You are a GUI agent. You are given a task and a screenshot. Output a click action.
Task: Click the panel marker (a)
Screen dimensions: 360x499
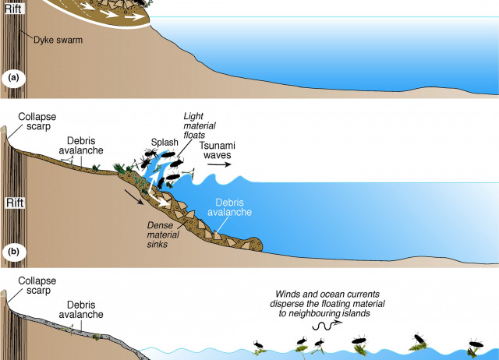pos(13,78)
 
